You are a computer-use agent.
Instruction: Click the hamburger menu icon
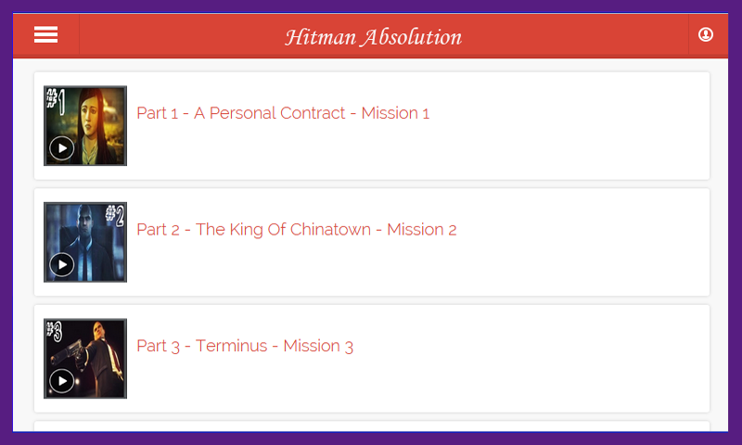coord(45,35)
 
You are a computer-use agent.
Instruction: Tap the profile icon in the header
coord(706,35)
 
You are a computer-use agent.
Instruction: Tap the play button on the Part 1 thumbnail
coord(61,148)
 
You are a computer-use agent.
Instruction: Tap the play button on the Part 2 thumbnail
coord(61,265)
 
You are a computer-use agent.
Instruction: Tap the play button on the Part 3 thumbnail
coord(61,381)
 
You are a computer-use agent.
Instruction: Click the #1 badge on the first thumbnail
coord(56,100)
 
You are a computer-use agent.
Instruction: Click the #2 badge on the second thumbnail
coord(114,215)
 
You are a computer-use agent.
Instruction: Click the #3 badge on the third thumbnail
coord(54,331)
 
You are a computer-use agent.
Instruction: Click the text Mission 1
coord(395,113)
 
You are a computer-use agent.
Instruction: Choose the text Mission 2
coord(422,230)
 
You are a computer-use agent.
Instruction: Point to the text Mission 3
coord(318,347)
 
